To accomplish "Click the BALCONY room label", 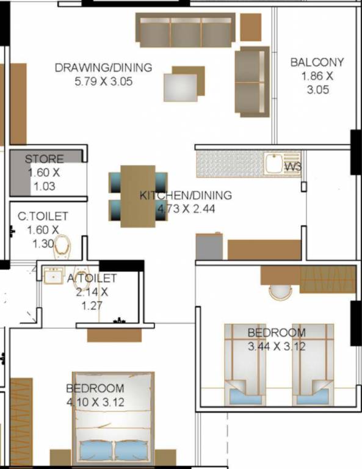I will tap(317, 62).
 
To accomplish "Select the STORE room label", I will tap(44, 159).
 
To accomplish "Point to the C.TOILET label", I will tap(43, 216).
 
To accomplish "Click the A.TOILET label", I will tap(92, 278).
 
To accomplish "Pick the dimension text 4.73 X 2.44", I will tap(186, 208).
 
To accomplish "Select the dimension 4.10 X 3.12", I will tap(95, 402).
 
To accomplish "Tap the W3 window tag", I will tap(294, 165).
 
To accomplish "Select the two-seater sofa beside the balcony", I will tap(252, 81).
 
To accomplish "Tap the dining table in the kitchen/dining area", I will tap(138, 195).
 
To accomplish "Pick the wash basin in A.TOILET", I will tap(53, 275).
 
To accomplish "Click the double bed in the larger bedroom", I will tap(113, 418).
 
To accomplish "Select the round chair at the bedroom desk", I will tap(281, 291).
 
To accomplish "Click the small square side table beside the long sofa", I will tap(250, 26).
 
